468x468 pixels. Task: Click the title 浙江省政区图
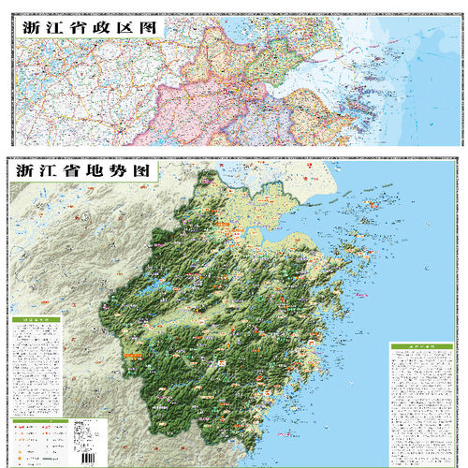click(86, 28)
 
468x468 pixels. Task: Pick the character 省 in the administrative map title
click(71, 28)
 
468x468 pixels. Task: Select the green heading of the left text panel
click(35, 321)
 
